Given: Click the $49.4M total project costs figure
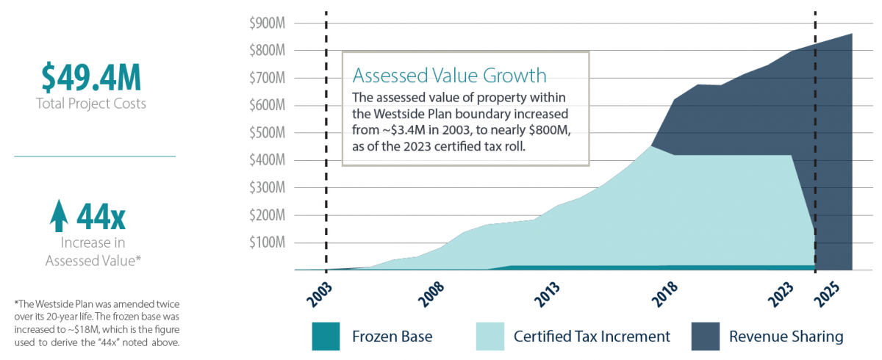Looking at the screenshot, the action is (x=91, y=77).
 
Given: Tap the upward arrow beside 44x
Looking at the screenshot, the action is (x=59, y=215).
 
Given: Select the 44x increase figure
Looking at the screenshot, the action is (x=101, y=217).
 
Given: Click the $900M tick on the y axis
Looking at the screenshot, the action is (x=267, y=24).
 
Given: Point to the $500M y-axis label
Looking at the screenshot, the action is (x=267, y=132).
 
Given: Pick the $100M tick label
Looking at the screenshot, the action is (x=267, y=242).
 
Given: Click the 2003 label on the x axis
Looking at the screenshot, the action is (x=319, y=295).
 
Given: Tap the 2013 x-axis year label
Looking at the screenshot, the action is (x=547, y=295).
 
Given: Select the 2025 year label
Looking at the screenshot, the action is (x=827, y=295).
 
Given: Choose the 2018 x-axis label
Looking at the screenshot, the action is (x=664, y=295).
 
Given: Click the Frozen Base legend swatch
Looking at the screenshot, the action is (x=326, y=336).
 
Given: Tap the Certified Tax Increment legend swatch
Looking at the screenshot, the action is (x=490, y=336).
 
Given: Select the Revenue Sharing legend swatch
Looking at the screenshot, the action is (x=705, y=336).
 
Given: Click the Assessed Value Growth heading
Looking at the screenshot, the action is (x=449, y=75).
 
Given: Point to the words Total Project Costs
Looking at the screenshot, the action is (x=91, y=104).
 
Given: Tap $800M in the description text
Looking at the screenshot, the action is (x=550, y=130).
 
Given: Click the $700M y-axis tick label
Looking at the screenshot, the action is (x=267, y=78).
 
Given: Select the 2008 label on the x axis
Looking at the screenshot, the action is (x=431, y=295).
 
